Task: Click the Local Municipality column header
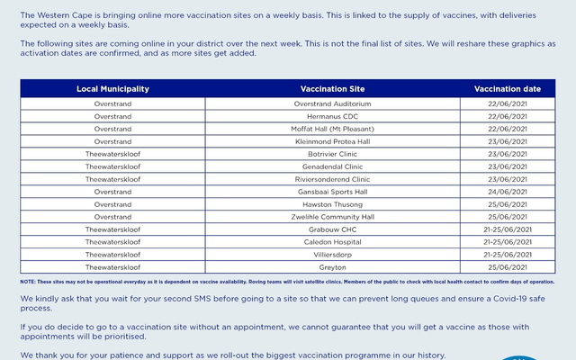point(112,89)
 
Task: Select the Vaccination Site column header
point(332,89)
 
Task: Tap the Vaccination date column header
point(507,89)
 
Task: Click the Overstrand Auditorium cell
point(332,103)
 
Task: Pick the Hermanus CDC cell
point(332,116)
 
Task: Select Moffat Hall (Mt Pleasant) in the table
point(332,129)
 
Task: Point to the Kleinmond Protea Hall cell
point(332,141)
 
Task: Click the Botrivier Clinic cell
point(332,154)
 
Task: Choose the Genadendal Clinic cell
point(332,166)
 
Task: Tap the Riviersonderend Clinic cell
point(332,179)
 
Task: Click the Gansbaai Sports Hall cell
point(332,192)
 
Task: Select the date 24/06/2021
point(507,192)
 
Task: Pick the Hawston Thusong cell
point(332,204)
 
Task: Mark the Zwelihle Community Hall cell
point(332,217)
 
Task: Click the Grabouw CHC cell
point(332,229)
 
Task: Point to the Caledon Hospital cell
point(332,242)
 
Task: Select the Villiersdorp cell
point(332,255)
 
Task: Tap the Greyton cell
point(332,267)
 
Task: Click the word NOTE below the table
point(27,282)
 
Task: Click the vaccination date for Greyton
point(507,267)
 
